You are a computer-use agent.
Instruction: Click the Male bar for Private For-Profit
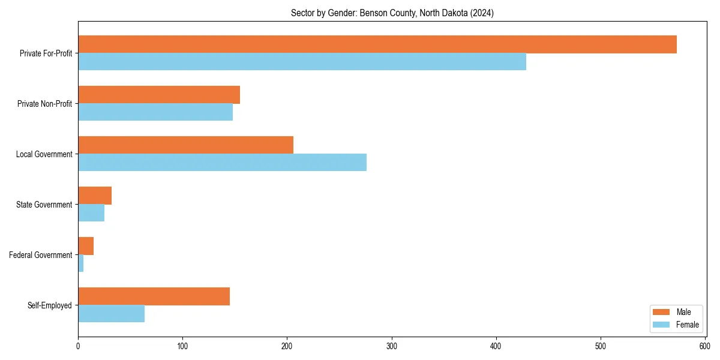pyautogui.click(x=377, y=44)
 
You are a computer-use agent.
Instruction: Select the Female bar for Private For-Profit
pyautogui.click(x=302, y=62)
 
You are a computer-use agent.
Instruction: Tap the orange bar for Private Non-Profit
pyautogui.click(x=159, y=95)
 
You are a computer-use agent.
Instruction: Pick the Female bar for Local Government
pyautogui.click(x=222, y=163)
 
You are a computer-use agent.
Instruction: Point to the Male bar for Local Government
pyautogui.click(x=185, y=145)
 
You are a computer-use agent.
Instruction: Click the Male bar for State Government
pyautogui.click(x=95, y=196)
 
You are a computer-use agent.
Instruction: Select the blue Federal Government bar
pyautogui.click(x=81, y=263)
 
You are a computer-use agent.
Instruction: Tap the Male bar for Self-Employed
pyautogui.click(x=154, y=296)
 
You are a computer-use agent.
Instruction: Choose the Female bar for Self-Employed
pyautogui.click(x=111, y=314)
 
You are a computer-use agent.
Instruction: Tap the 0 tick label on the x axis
pyautogui.click(x=78, y=346)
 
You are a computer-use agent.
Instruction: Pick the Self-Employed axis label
pyautogui.click(x=50, y=305)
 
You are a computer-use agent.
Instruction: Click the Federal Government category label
pyautogui.click(x=41, y=255)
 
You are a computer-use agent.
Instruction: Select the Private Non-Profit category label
pyautogui.click(x=44, y=104)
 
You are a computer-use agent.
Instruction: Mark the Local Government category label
pyautogui.click(x=44, y=154)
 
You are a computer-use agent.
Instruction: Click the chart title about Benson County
pyautogui.click(x=392, y=13)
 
